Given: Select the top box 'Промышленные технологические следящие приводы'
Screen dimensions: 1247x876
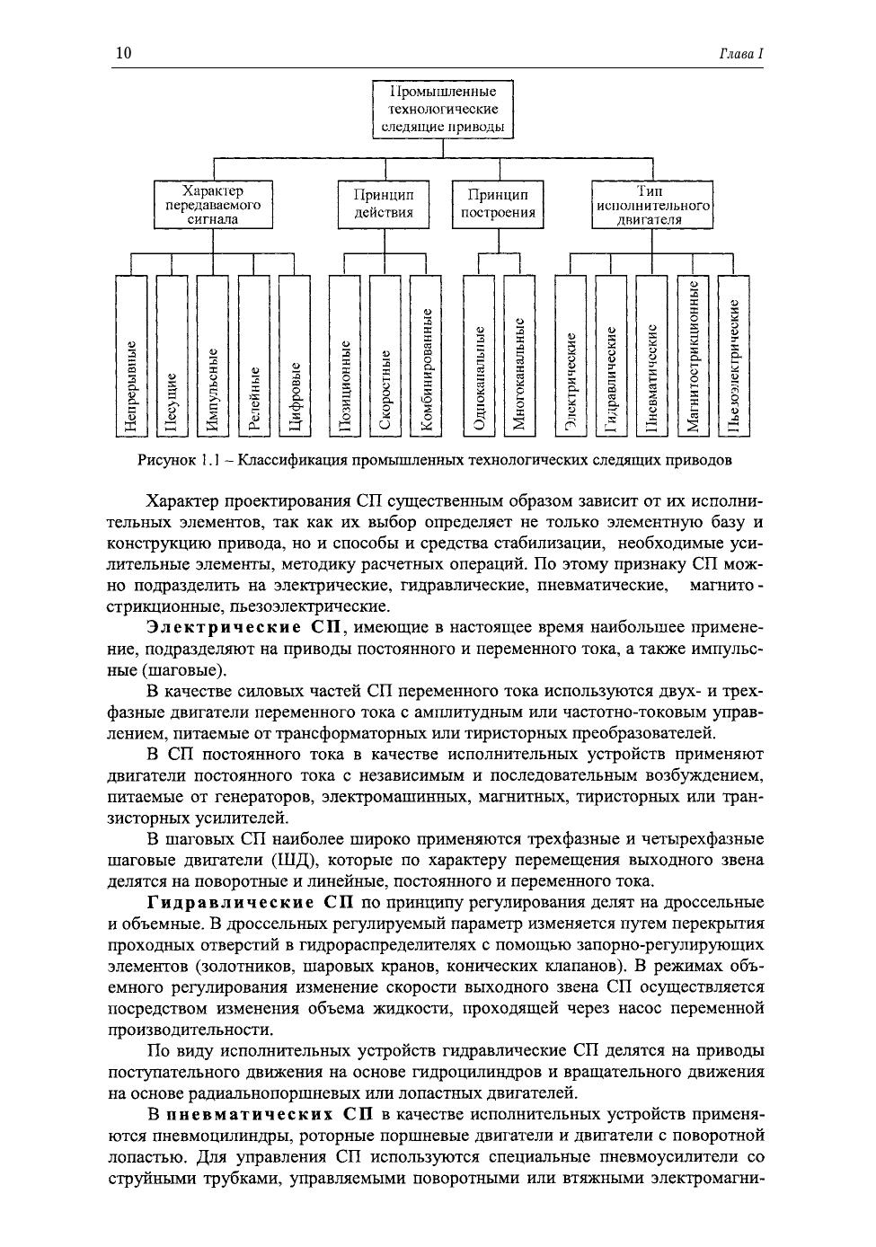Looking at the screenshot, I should [443, 110].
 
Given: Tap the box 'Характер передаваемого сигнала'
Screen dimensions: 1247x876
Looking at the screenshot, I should [213, 205].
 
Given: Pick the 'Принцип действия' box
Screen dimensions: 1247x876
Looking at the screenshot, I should [384, 204].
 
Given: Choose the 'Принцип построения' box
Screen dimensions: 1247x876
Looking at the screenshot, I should [498, 204].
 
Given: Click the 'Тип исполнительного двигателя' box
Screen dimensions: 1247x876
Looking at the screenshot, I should [652, 205].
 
